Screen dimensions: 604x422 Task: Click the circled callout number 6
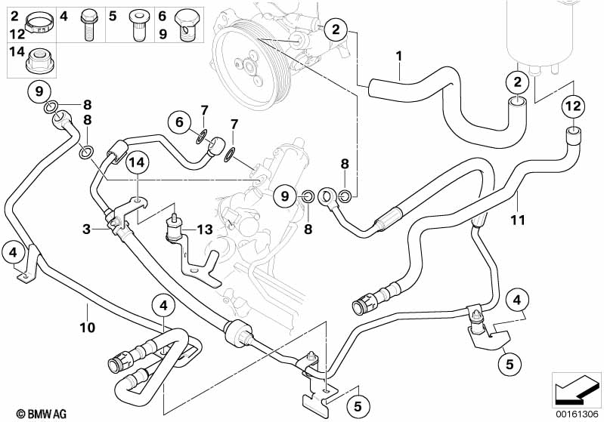pos(179,122)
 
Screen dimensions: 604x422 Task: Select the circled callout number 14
pos(138,162)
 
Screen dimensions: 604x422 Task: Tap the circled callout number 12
pos(573,105)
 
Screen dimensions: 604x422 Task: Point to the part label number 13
pos(205,229)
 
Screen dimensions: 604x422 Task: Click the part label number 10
pos(88,328)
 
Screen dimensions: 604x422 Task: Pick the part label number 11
pos(518,220)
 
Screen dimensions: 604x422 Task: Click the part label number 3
pos(87,229)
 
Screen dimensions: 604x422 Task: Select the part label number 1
pos(399,56)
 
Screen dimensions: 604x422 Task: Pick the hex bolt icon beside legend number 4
pos(88,25)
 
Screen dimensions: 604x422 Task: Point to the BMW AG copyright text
pos(42,414)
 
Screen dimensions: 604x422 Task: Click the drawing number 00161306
pos(577,414)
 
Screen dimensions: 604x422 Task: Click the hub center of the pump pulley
pos(247,66)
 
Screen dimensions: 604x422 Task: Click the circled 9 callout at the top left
pos(39,91)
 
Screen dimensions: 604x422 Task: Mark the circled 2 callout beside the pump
pos(336,29)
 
